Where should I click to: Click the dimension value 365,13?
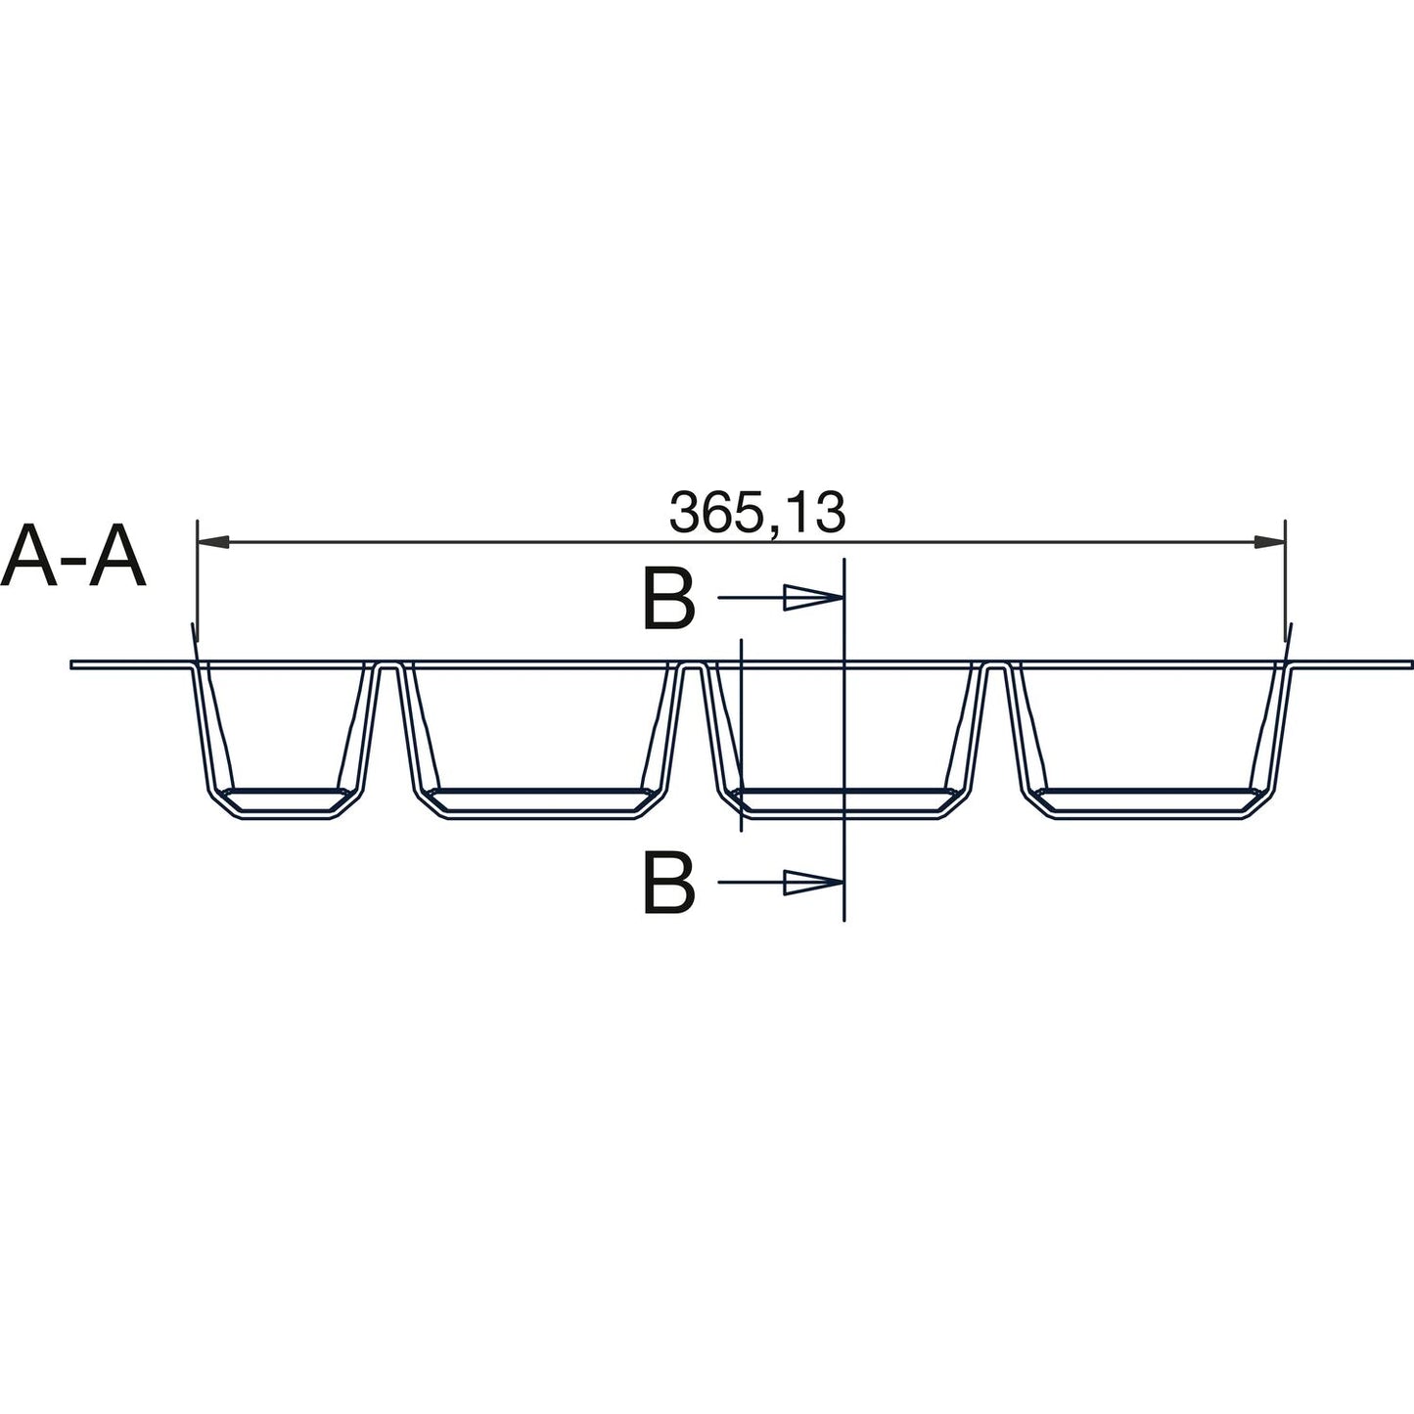coord(755,514)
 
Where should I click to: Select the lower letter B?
coord(668,883)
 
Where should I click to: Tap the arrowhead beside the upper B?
coord(812,598)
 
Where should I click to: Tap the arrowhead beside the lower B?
coord(812,883)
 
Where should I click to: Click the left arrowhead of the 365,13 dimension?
coord(213,540)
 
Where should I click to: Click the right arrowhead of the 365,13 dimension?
coord(1269,540)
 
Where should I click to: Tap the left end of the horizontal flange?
coord(74,665)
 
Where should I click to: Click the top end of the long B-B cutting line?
coord(843,561)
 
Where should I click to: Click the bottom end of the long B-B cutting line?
coord(843,920)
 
